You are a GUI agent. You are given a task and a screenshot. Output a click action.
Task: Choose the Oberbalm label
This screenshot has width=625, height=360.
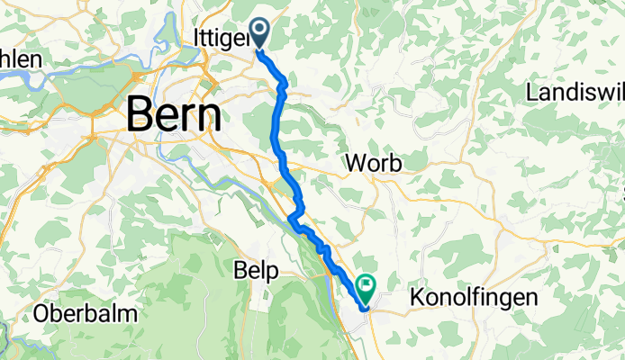point(86,314)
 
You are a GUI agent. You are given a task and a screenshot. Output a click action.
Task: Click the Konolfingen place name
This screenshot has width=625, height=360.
point(486,297)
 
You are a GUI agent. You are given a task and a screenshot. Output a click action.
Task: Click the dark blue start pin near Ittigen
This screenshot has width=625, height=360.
point(259,33)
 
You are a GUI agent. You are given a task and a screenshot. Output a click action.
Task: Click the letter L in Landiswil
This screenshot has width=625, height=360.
point(532,93)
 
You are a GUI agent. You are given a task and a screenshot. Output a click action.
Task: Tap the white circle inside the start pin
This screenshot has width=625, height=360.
point(259,31)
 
